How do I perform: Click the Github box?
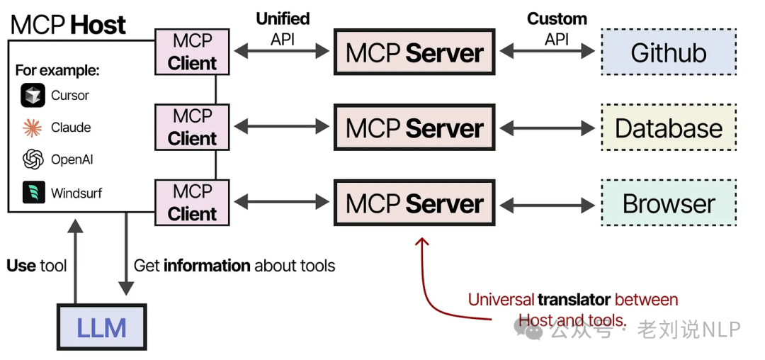tap(668, 52)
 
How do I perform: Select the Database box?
tap(668, 128)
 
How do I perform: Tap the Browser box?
tap(668, 203)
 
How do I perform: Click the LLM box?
tap(101, 327)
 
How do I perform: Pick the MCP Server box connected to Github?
tap(414, 52)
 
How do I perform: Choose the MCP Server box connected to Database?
tap(414, 128)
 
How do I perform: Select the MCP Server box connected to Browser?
tap(414, 203)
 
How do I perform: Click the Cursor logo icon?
tap(33, 95)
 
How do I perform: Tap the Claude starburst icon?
tap(33, 128)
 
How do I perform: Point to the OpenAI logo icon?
tap(33, 159)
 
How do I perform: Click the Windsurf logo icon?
tap(33, 192)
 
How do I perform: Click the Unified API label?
tap(283, 29)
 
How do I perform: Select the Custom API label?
tap(557, 29)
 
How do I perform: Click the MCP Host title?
tap(68, 25)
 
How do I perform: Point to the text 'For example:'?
tap(57, 70)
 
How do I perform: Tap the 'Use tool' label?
tap(37, 266)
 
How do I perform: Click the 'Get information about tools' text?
tap(234, 266)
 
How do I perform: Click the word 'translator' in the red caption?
tap(574, 300)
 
